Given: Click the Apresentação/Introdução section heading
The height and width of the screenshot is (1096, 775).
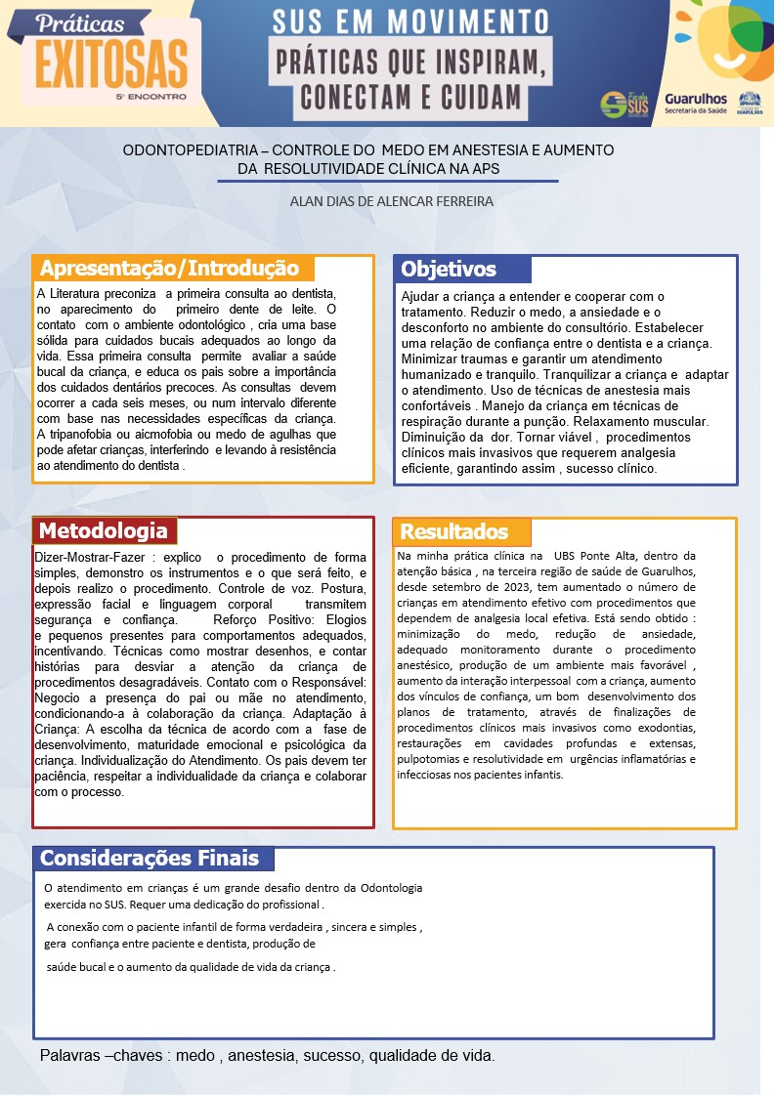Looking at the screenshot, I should click(169, 269).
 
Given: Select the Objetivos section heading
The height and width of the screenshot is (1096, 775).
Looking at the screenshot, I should click(449, 270).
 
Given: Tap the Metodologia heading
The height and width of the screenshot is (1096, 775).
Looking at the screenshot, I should click(103, 531).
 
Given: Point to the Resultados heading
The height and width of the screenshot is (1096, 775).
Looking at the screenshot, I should click(453, 531).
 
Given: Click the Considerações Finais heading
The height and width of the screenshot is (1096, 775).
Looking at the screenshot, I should click(150, 859).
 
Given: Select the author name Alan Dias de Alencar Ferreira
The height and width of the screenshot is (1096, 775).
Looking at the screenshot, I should click(392, 201).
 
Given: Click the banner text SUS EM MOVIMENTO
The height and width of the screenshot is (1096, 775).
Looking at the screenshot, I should click(409, 21).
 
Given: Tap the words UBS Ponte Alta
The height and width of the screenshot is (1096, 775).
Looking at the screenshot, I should click(598, 556).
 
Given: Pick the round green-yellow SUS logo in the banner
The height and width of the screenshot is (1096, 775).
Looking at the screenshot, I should click(614, 104).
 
